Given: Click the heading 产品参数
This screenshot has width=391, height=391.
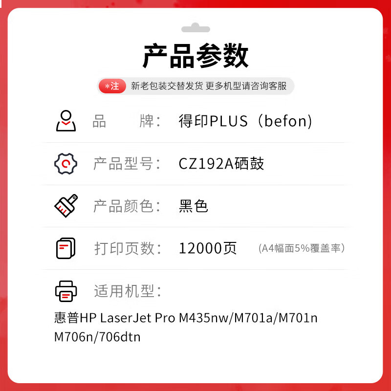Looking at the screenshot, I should [x=195, y=57].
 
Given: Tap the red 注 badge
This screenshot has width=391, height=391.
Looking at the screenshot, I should [x=112, y=87].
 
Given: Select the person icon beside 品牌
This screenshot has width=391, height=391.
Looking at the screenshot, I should [x=65, y=121].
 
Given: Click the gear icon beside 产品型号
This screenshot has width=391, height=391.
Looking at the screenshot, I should [x=65, y=164].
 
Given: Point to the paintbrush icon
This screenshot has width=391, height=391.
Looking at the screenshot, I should [x=65, y=206].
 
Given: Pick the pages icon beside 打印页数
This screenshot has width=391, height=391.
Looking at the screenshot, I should [x=65, y=248].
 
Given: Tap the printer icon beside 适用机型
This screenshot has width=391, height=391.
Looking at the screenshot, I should [x=65, y=291].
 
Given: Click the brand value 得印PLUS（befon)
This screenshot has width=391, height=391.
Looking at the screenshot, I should [x=245, y=121].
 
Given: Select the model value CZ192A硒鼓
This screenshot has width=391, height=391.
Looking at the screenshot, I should [x=221, y=164].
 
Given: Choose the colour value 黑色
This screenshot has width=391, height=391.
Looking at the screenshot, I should [x=194, y=206].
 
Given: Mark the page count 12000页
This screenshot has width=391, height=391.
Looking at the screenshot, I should [x=208, y=248].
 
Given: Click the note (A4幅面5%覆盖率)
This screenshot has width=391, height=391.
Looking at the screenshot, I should [x=302, y=248].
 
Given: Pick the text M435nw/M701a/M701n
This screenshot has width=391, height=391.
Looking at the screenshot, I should [x=248, y=318].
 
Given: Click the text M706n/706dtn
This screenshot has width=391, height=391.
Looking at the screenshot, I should [x=97, y=337].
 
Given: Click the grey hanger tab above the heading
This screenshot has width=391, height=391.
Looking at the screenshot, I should [x=195, y=28].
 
